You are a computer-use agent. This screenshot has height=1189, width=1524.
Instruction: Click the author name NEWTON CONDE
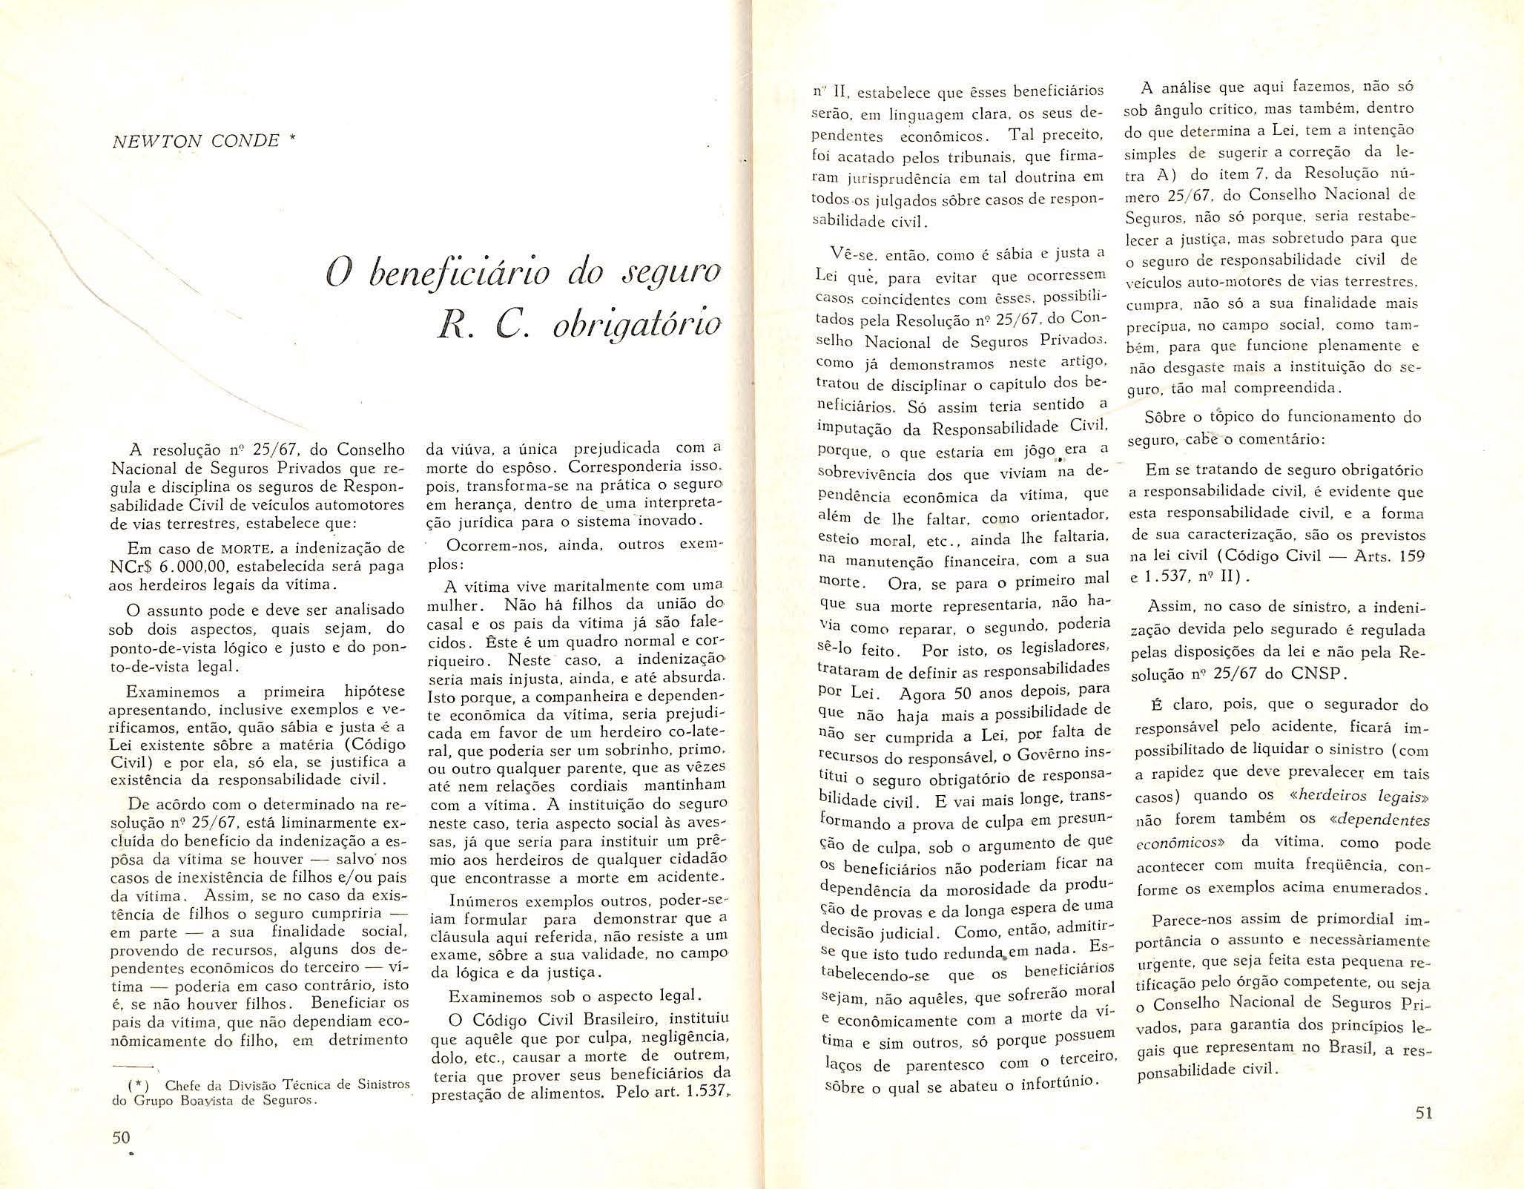click(x=194, y=140)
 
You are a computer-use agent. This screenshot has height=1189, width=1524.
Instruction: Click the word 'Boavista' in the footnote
click(x=222, y=1101)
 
